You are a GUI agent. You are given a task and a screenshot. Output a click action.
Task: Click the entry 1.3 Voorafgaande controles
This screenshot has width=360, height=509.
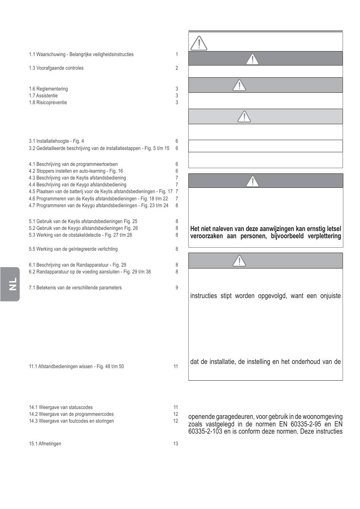(x=56, y=68)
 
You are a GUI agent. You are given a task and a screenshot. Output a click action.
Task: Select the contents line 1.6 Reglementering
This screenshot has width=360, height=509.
(x=49, y=89)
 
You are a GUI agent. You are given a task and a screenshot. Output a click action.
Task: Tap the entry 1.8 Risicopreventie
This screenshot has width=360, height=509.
(x=48, y=103)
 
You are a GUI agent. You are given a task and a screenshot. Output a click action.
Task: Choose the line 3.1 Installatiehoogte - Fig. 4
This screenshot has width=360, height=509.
(x=56, y=141)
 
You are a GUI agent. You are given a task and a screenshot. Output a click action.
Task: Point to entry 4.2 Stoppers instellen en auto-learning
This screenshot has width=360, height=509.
(x=76, y=171)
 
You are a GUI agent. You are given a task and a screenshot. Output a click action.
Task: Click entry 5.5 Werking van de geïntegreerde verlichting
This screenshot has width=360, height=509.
(x=73, y=249)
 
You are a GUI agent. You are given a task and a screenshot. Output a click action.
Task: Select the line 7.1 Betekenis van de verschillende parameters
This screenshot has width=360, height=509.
(x=75, y=288)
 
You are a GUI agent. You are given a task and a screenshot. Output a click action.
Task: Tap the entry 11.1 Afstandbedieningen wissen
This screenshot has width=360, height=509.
(x=76, y=367)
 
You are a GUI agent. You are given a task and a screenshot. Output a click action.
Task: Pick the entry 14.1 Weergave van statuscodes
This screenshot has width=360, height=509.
(x=61, y=408)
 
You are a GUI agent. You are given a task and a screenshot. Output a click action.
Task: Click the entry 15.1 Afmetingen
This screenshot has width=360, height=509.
(x=45, y=444)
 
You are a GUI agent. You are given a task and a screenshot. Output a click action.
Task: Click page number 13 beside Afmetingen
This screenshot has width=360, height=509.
(x=175, y=444)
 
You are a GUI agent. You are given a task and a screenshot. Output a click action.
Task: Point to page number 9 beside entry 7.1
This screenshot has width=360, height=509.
(x=177, y=288)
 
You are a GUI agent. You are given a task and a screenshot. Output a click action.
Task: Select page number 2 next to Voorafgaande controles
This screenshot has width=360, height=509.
(x=177, y=68)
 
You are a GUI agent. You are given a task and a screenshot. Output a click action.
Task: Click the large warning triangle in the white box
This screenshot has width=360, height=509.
(x=199, y=42)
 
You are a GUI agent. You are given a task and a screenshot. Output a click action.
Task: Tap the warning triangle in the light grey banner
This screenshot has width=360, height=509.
(x=244, y=117)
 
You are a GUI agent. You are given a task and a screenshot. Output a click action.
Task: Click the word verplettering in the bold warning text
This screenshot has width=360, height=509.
(x=325, y=236)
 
